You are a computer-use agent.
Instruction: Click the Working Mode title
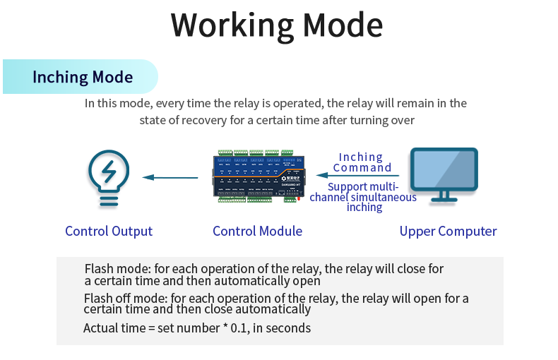(x=277, y=25)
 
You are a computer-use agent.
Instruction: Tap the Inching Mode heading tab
(x=83, y=77)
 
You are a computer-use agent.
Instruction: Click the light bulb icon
(x=108, y=177)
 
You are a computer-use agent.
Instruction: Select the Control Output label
(x=109, y=231)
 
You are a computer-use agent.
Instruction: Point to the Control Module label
(x=257, y=231)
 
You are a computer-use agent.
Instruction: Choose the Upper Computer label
(x=448, y=231)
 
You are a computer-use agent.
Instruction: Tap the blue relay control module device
(x=259, y=176)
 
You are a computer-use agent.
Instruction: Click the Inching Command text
(x=362, y=162)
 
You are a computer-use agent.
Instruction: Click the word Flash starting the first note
(x=98, y=269)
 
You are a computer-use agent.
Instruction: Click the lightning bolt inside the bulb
(x=108, y=170)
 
